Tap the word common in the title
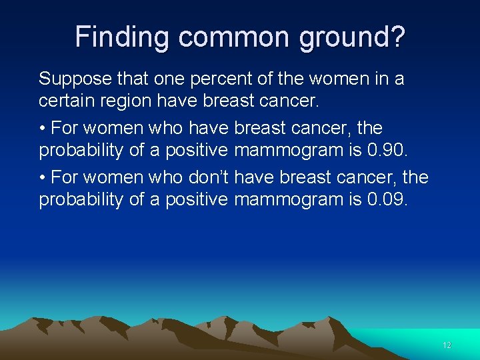pos(219,37)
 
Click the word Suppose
pos(71,79)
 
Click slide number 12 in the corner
pos(447,345)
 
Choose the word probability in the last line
pos(81,200)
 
